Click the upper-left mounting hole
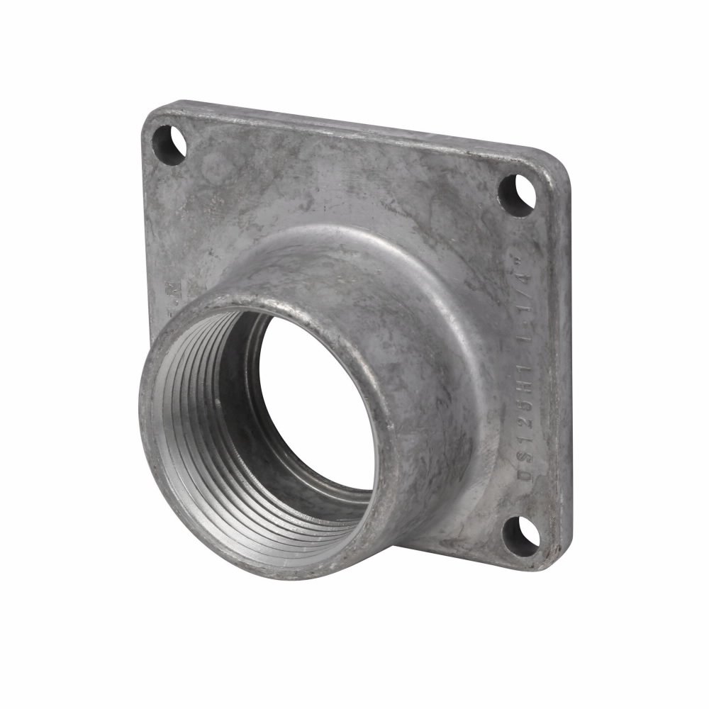(x=169, y=144)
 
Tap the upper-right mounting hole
(x=515, y=194)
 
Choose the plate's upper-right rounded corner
(x=560, y=167)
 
